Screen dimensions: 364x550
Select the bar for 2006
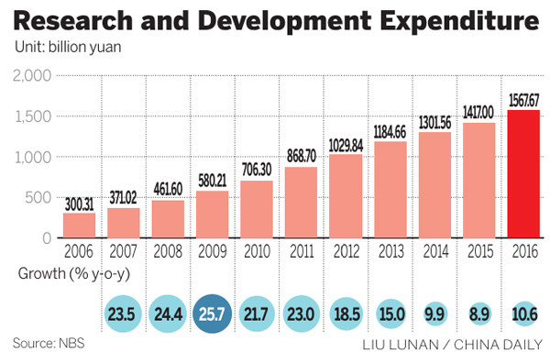[x=79, y=225]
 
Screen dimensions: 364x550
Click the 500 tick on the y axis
[x=37, y=197]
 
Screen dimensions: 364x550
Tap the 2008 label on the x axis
[x=167, y=249]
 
